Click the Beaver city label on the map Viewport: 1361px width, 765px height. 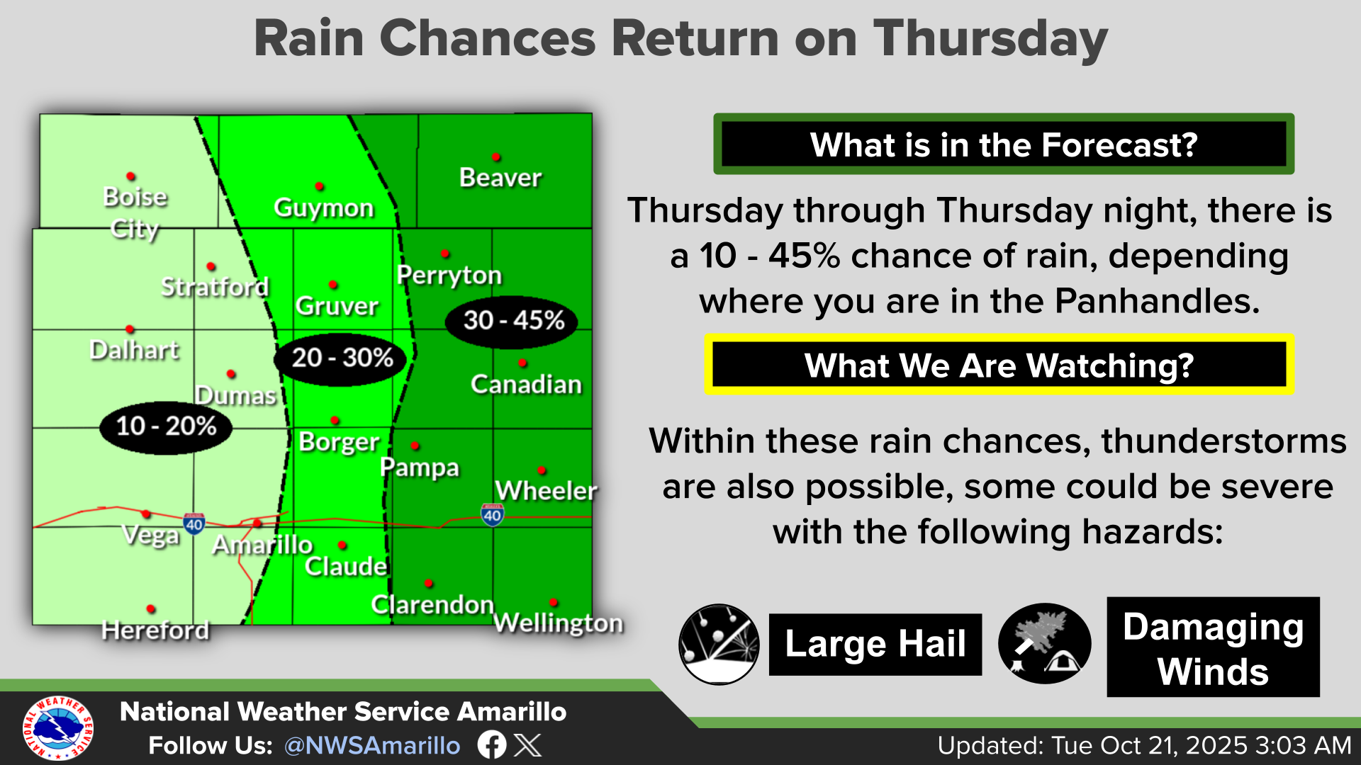click(500, 177)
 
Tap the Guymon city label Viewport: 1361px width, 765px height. click(324, 208)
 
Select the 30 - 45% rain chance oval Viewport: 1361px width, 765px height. click(512, 322)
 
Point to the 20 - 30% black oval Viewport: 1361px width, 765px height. click(340, 358)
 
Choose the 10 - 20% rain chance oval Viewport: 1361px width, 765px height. click(166, 426)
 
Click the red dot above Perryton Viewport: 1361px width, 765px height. click(445, 254)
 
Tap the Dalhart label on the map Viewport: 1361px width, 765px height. click(135, 350)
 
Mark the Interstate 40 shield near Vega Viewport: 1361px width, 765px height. click(194, 523)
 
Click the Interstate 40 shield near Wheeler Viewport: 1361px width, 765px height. click(492, 514)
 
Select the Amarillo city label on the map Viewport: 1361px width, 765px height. click(263, 545)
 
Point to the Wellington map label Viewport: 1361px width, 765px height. click(559, 623)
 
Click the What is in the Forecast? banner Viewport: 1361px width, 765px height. click(1004, 144)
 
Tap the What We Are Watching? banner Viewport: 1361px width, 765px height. click(999, 365)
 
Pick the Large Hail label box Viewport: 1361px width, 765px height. click(875, 644)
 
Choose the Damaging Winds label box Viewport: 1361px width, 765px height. click(1213, 647)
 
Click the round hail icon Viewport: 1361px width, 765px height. click(719, 644)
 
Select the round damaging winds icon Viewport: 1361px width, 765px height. click(1044, 644)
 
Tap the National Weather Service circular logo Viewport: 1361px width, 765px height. click(57, 727)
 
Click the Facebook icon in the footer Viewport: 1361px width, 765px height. click(492, 745)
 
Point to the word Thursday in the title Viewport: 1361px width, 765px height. click(990, 38)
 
